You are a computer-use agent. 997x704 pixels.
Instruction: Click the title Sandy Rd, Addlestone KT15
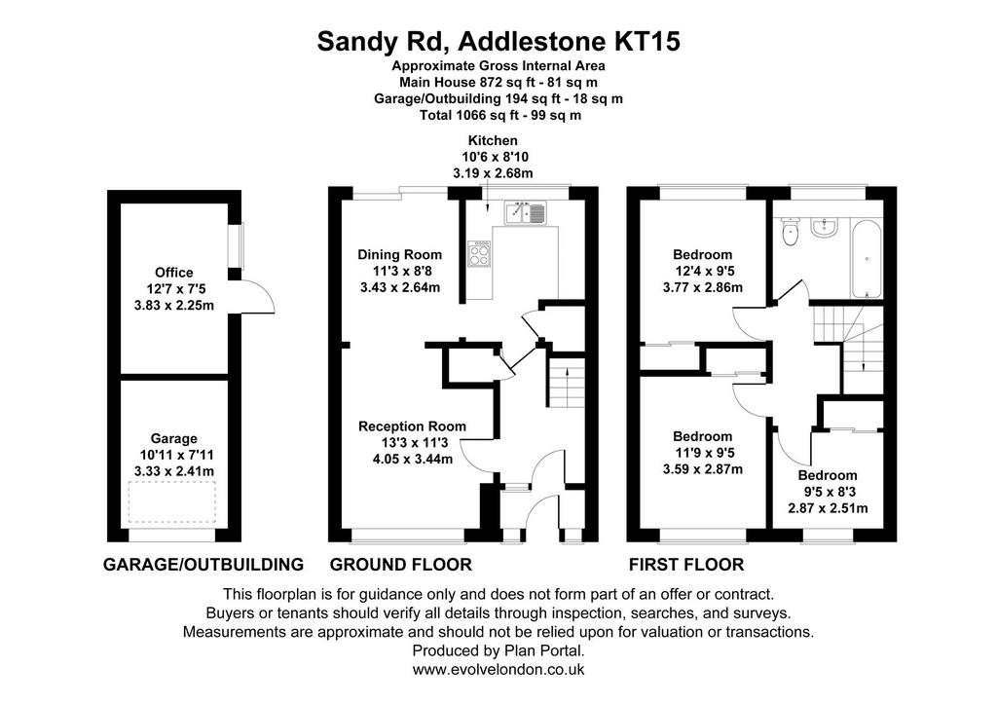pos(498,41)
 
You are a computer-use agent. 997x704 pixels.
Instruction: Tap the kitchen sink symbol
pos(526,213)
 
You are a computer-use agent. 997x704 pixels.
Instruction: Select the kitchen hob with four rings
pos(479,254)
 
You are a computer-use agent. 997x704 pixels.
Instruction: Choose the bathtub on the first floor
pos(866,259)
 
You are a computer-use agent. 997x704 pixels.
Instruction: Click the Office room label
pos(174,273)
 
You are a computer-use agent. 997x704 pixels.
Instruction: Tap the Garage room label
pos(174,438)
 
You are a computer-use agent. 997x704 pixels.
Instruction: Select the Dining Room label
pos(400,255)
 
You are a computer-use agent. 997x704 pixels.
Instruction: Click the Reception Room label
pos(412,426)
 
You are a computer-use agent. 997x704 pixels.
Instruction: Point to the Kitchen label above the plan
pos(493,140)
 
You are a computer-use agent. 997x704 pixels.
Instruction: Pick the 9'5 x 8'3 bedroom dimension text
pos(828,492)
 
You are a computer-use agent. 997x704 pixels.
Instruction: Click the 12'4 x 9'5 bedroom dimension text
pos(703,271)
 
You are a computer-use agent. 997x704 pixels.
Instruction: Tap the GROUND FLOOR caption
pos(400,564)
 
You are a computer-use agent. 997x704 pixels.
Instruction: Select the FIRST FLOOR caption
pos(686,564)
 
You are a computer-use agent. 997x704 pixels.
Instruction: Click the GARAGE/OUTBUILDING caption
pos(203,564)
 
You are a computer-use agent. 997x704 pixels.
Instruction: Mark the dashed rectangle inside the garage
pos(172,502)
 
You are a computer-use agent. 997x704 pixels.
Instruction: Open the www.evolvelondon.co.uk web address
pos(498,669)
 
